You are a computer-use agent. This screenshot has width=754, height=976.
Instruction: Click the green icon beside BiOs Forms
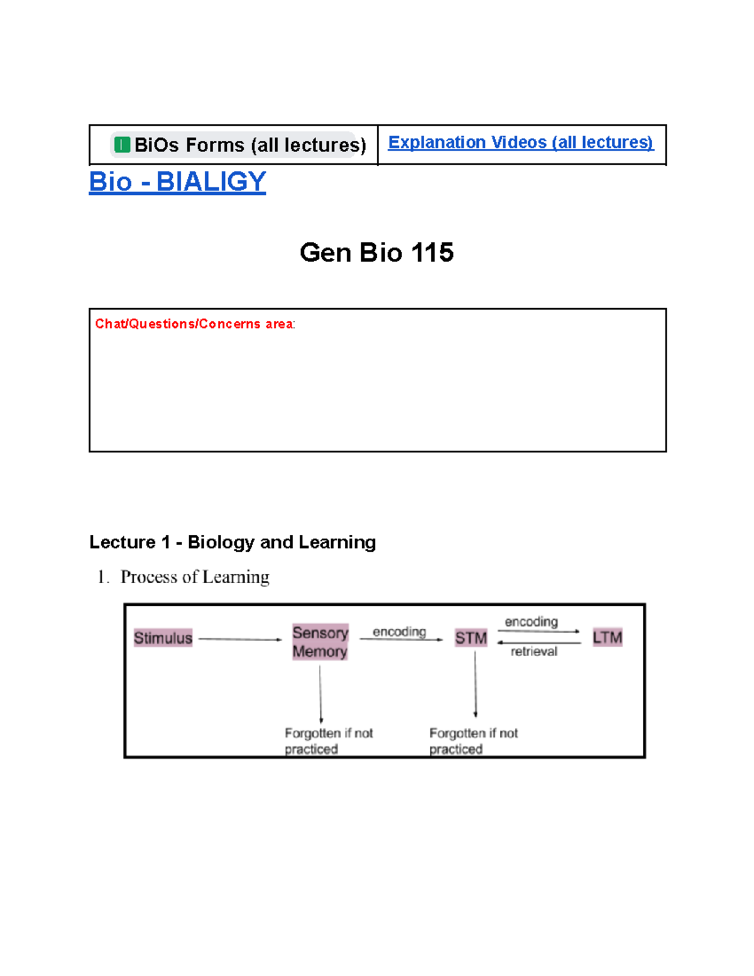(x=122, y=145)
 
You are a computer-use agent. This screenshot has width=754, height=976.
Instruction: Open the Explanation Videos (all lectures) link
(x=520, y=143)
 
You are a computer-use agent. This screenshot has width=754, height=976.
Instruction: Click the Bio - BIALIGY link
(x=177, y=182)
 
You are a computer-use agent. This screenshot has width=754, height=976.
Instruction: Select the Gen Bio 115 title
(x=376, y=253)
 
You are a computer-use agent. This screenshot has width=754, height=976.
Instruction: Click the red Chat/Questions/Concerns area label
(x=194, y=324)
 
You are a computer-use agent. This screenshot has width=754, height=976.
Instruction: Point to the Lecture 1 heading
(x=232, y=542)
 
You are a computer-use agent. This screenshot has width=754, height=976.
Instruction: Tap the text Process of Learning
(x=195, y=577)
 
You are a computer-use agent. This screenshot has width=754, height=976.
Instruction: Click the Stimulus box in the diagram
(x=163, y=638)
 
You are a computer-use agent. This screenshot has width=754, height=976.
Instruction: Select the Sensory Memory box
(x=320, y=642)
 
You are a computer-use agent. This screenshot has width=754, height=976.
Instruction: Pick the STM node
(x=471, y=638)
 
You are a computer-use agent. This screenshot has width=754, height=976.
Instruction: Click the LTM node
(x=607, y=637)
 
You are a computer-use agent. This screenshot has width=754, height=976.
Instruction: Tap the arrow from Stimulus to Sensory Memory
(x=240, y=639)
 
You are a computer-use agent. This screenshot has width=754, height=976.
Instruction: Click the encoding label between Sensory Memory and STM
(x=399, y=632)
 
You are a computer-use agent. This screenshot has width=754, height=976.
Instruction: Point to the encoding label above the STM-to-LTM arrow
(x=531, y=622)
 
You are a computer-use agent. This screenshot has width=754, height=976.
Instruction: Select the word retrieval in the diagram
(x=533, y=652)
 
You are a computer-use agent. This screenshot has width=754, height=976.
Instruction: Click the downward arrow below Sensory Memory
(x=320, y=694)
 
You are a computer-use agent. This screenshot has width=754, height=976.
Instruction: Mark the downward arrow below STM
(x=475, y=685)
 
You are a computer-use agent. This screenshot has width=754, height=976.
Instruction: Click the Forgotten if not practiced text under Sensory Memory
(x=328, y=741)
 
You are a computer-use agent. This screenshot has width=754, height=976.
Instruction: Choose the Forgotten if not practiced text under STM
(x=473, y=741)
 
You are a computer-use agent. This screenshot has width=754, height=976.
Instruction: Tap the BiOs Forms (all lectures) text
(x=250, y=145)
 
